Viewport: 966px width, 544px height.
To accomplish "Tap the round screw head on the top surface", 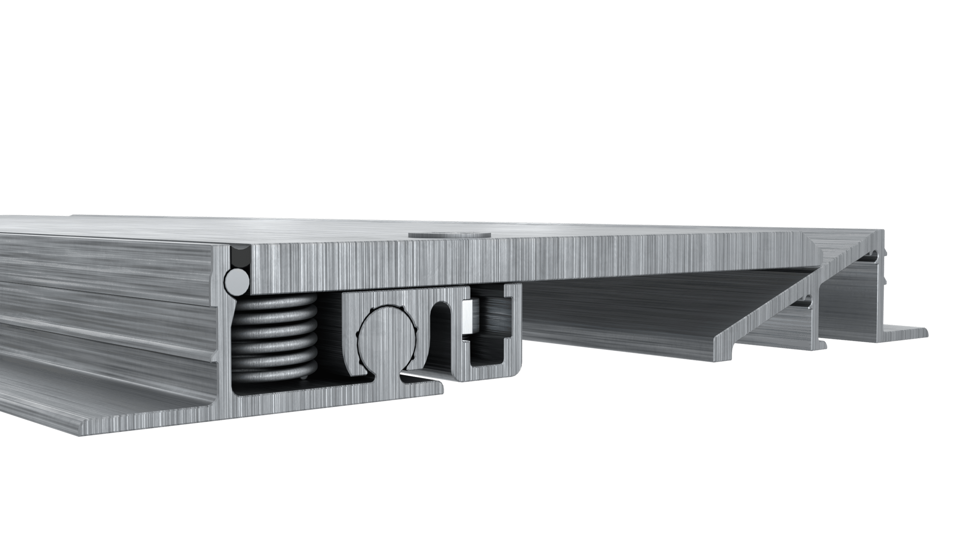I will tap(449, 235).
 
